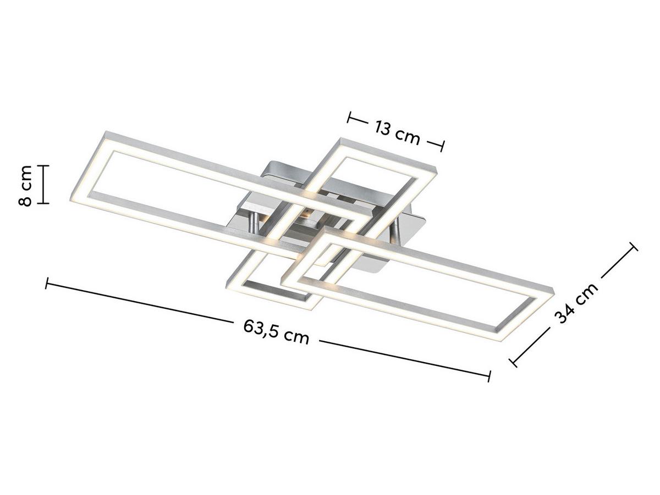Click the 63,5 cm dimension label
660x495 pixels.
tap(276, 332)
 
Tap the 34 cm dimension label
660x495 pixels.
tap(576, 303)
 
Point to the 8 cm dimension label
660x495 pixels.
tap(25, 185)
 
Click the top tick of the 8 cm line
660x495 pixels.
tap(42, 165)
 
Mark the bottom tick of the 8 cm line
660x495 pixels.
tap(42, 203)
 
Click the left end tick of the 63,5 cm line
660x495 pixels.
tap(46, 283)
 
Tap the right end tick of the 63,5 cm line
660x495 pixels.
tap(489, 376)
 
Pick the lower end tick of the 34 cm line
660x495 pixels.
tap(513, 363)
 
